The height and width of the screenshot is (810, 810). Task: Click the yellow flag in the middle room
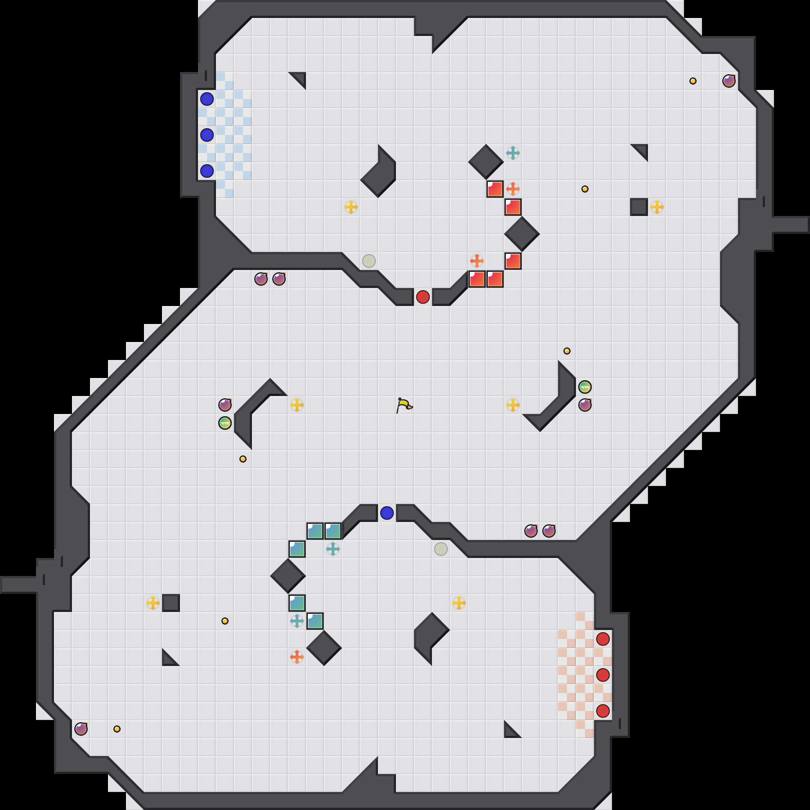(x=404, y=405)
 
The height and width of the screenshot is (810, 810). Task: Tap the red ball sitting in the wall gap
(x=423, y=297)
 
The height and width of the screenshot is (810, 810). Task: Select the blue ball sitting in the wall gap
(x=387, y=513)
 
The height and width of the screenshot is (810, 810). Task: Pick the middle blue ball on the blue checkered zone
(x=207, y=135)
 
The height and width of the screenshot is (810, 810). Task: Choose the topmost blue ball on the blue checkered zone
(x=207, y=99)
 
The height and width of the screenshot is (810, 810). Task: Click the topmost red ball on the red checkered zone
(x=603, y=639)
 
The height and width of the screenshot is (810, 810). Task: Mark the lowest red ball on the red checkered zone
(x=603, y=711)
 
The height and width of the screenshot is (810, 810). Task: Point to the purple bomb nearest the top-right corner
(x=729, y=81)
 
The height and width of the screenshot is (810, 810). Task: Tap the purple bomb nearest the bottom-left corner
(x=81, y=729)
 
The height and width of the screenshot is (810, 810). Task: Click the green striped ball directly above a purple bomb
(x=585, y=387)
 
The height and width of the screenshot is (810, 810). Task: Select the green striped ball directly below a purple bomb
(x=225, y=423)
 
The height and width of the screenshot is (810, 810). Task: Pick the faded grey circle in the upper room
(x=369, y=261)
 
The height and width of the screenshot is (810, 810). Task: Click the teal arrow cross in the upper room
(x=513, y=153)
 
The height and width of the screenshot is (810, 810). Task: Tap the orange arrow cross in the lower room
(x=297, y=657)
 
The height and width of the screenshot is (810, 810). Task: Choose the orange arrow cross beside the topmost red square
(x=513, y=189)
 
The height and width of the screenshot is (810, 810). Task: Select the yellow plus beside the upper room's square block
(x=657, y=207)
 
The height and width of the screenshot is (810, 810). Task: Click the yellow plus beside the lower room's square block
(x=153, y=603)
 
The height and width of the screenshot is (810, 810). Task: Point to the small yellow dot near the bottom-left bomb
(x=117, y=729)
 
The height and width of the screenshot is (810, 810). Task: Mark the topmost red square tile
(x=495, y=189)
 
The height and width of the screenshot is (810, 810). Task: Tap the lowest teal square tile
(x=315, y=621)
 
